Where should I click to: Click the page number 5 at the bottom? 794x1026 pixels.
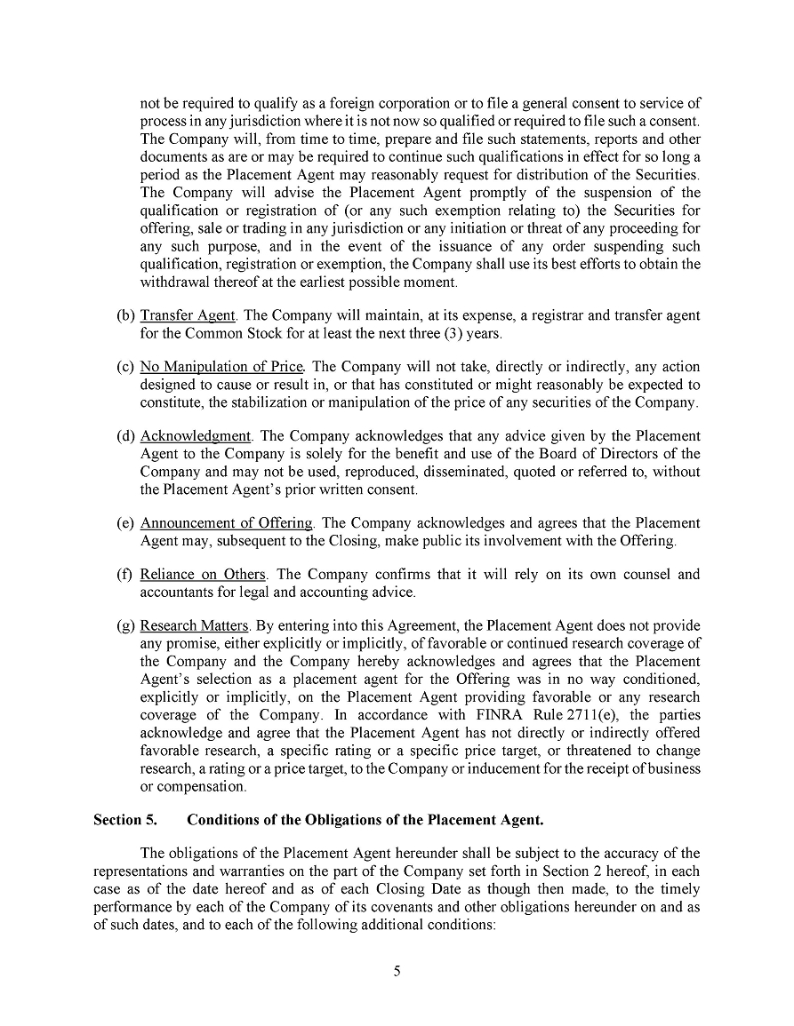pyautogui.click(x=397, y=971)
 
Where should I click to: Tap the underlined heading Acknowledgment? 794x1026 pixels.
pyautogui.click(x=196, y=436)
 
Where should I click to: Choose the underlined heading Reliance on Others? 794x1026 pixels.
pyautogui.click(x=203, y=575)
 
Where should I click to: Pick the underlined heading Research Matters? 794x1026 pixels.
pyautogui.click(x=196, y=626)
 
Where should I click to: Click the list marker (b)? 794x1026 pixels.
pyautogui.click(x=125, y=315)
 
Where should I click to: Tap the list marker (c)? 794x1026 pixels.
pyautogui.click(x=125, y=367)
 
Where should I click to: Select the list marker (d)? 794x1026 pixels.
pyautogui.click(x=125, y=436)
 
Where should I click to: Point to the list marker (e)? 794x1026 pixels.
pyautogui.click(x=125, y=523)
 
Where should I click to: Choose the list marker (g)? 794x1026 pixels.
pyautogui.click(x=125, y=626)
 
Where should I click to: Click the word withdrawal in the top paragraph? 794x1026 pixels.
pyautogui.click(x=175, y=282)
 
